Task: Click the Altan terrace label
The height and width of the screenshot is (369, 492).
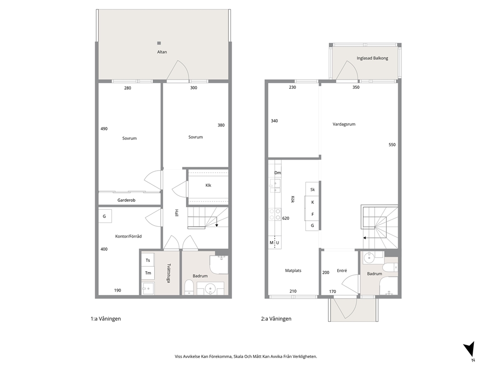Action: [162, 52]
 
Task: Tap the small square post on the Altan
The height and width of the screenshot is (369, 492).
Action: [159, 43]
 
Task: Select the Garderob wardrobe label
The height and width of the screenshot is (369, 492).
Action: [126, 200]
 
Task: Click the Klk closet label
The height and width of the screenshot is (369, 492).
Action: [208, 185]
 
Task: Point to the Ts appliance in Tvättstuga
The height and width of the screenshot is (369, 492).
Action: [148, 260]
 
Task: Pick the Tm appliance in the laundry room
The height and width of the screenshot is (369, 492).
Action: [148, 273]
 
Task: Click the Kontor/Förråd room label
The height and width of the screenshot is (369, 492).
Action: [128, 236]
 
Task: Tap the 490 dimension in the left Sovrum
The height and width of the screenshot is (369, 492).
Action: [104, 128]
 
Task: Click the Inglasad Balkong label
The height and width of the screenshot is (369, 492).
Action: [372, 58]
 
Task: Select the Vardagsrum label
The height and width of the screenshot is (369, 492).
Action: [344, 124]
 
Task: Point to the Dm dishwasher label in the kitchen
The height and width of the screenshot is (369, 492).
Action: [278, 173]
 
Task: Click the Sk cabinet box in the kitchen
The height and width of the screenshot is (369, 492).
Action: [312, 189]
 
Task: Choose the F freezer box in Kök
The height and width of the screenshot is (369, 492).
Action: [312, 214]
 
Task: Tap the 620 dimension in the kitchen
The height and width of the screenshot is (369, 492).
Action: [286, 218]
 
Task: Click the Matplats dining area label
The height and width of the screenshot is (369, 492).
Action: [293, 270]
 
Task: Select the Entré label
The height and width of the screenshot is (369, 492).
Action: [342, 270]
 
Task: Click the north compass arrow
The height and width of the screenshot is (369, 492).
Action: [470, 349]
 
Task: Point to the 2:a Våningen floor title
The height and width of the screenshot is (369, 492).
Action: [276, 319]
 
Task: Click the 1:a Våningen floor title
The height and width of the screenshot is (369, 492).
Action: [106, 319]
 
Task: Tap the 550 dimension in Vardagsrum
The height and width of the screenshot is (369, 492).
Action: [392, 145]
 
